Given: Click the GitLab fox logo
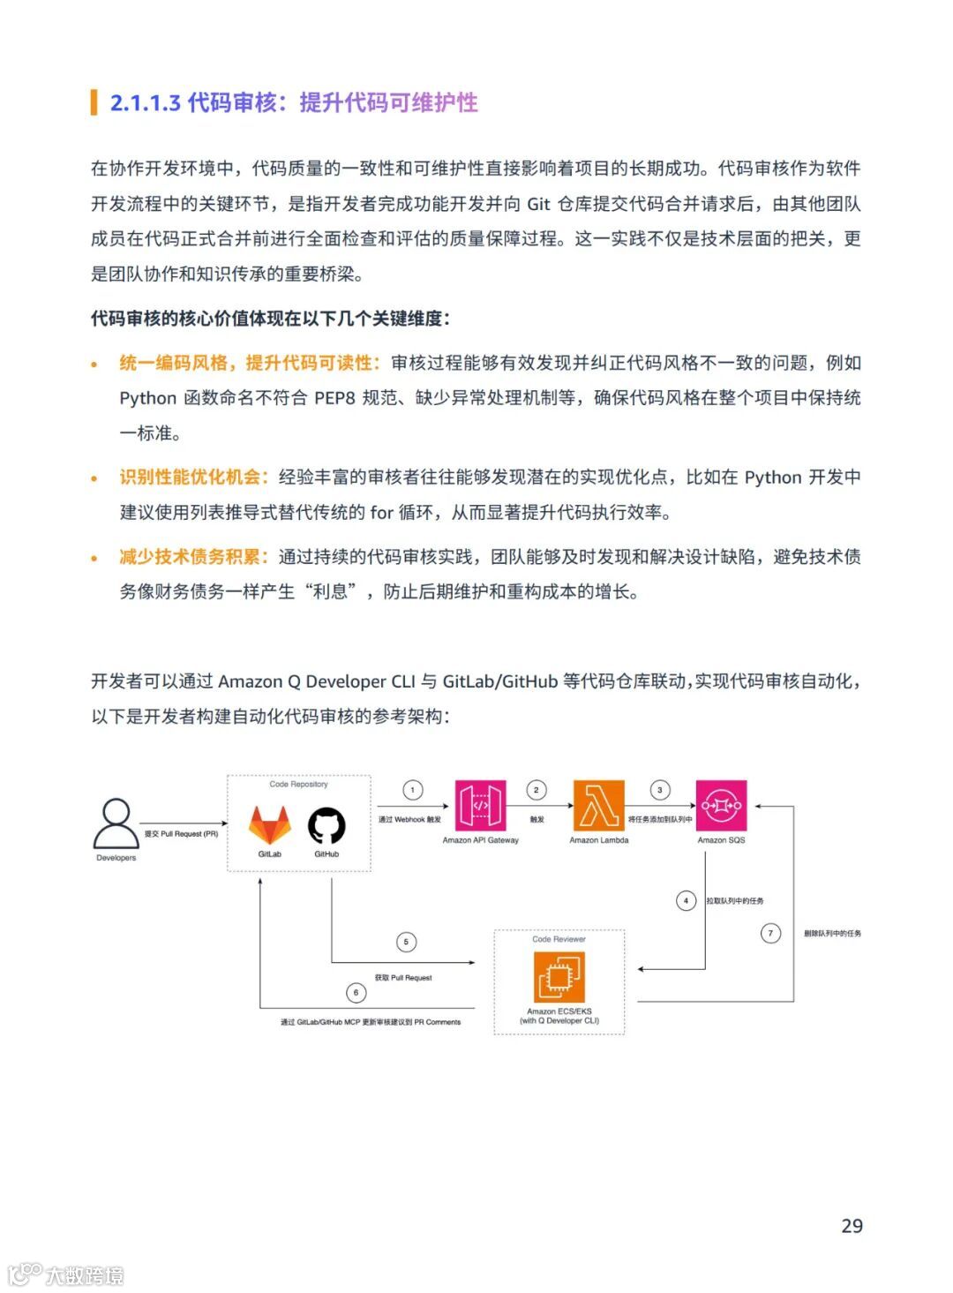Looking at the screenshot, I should point(269,825).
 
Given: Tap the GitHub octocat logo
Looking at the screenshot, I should point(326,826).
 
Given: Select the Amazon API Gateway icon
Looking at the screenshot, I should point(480,806).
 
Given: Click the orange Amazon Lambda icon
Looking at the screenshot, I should point(598,806).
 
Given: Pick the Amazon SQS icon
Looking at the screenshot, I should point(721,806).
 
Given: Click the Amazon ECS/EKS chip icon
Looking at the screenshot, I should point(559,977).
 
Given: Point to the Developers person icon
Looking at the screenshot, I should point(116,823).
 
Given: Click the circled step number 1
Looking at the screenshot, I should point(412,790).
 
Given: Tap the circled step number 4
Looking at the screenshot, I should point(686,901).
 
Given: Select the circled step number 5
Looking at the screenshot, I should point(406,942).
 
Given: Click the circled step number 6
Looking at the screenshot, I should point(356,993).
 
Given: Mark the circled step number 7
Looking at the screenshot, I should point(770,933).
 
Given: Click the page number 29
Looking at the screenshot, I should point(852,1225).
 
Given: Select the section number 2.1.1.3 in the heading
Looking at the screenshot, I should point(145,102).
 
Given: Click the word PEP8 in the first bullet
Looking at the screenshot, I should point(334,398).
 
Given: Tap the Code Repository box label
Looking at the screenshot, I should point(298,784).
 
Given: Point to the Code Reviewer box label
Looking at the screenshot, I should point(559,939).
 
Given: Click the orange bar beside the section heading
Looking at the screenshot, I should point(94,102).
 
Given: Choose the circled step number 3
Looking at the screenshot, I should point(659,790).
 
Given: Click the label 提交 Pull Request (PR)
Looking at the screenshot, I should point(181,834).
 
